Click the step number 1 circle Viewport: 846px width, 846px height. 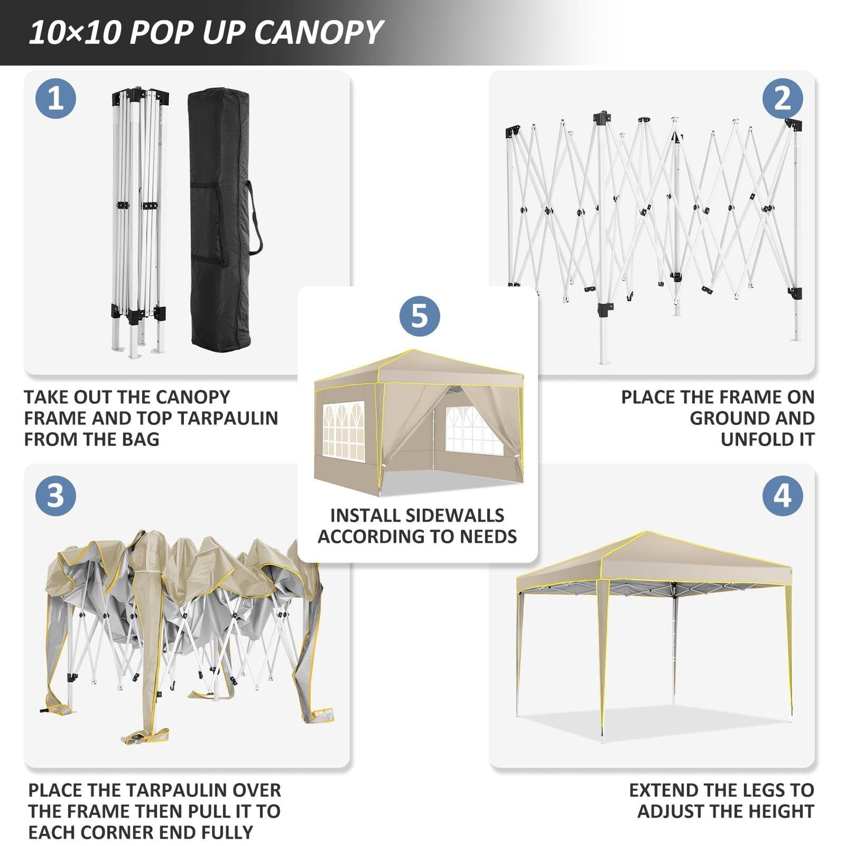pyautogui.click(x=56, y=98)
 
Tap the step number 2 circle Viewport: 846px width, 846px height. pyautogui.click(x=782, y=98)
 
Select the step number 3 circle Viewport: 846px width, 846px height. pyautogui.click(x=56, y=496)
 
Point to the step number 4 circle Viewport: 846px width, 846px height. pyautogui.click(x=782, y=496)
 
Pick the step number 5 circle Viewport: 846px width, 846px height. pyautogui.click(x=420, y=316)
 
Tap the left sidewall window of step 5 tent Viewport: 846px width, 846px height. pyautogui.click(x=343, y=430)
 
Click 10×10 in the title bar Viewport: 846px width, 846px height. pyautogui.click(x=74, y=33)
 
